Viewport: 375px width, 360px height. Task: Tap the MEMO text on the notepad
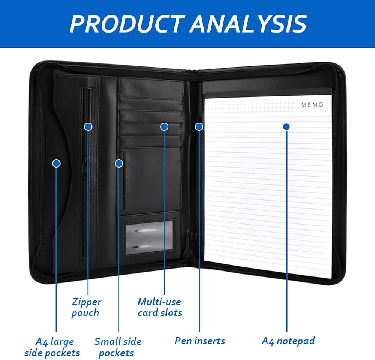312,105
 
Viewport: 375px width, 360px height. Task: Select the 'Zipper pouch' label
86,307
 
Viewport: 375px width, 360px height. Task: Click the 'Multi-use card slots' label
159,307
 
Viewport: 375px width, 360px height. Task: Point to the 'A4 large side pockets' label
52,347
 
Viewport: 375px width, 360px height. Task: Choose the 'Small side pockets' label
118,347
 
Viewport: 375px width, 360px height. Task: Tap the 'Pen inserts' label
199,340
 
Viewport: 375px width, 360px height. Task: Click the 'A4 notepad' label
288,340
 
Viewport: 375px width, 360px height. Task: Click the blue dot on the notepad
286,127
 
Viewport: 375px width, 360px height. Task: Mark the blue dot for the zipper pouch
88,127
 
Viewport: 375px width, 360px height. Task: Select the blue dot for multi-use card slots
164,127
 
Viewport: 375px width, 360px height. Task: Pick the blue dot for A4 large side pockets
56,163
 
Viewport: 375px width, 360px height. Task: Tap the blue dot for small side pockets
119,163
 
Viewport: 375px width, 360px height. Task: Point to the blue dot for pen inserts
199,127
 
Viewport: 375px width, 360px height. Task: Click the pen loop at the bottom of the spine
192,240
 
